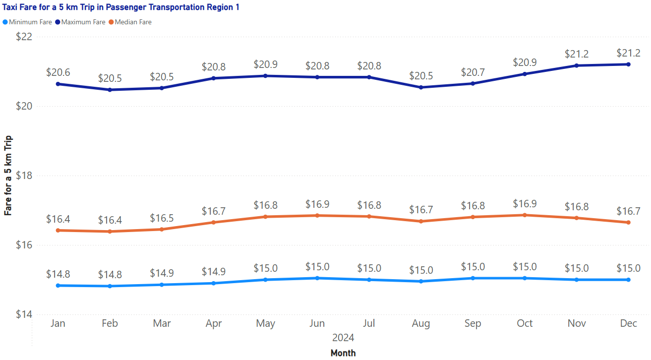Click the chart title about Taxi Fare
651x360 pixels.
121,8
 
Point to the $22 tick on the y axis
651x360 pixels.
24,37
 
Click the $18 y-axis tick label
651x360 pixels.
24,176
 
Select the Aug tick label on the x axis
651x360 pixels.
421,324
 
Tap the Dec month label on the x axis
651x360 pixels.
629,324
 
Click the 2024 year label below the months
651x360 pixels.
343,338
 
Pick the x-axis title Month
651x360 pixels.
343,353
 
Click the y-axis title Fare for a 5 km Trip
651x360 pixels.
8,176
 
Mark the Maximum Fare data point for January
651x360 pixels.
58,84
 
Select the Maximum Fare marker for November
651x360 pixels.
577,65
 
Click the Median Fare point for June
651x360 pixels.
317,215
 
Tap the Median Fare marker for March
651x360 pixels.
162,229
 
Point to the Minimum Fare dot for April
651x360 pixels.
214,283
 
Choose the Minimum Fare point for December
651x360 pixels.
629,280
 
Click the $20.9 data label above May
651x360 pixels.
265,65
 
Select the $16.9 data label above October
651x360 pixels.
525,204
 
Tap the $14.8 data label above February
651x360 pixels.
110,275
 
